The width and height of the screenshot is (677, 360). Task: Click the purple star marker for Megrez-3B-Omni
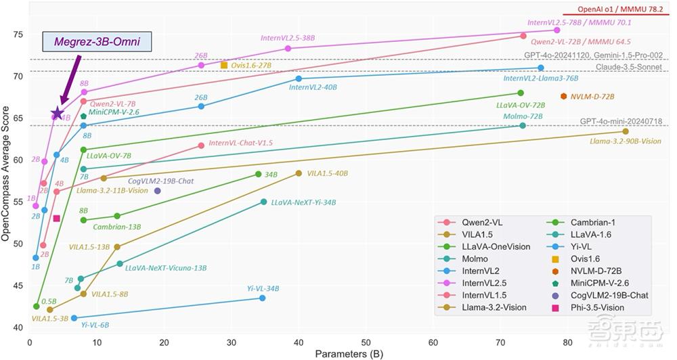(x=58, y=114)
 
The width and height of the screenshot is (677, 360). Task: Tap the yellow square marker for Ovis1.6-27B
(x=224, y=65)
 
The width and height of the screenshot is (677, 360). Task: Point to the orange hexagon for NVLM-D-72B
(x=563, y=97)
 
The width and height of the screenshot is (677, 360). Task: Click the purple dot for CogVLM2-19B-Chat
(x=157, y=191)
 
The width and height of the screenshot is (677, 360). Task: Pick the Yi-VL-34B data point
(x=263, y=298)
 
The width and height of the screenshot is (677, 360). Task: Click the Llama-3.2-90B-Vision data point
(x=626, y=131)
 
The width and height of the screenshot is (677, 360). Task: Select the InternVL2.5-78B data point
(x=557, y=30)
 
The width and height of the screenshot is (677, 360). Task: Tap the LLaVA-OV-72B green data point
(x=521, y=93)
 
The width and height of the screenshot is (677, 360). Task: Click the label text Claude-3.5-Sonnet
(x=629, y=67)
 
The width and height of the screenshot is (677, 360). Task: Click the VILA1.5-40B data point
(x=299, y=174)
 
